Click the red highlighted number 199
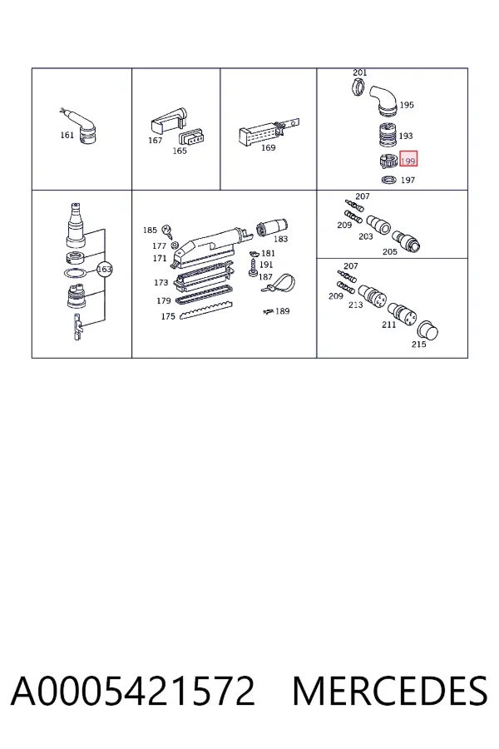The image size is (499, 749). point(408,161)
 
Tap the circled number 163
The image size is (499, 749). point(104,270)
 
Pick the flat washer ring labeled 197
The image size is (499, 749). point(389,180)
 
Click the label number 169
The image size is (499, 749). point(269,147)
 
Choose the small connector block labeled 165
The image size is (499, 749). point(191,137)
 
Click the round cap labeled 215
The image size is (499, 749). point(427,330)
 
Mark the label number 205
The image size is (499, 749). point(390,251)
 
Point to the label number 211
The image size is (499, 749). point(388,325)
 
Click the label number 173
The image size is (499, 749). point(161,282)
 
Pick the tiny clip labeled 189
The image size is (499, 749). point(268,311)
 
